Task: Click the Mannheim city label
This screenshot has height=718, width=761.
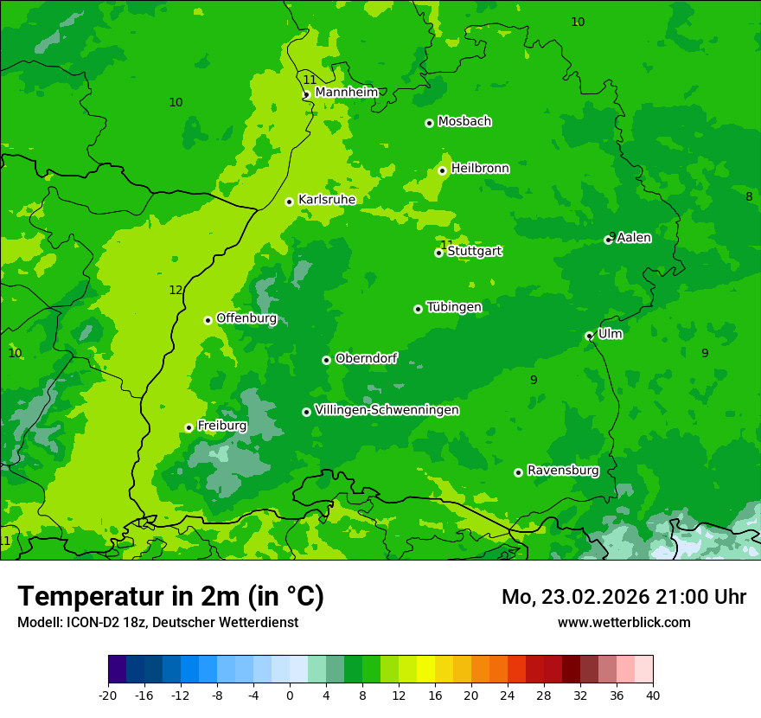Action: coord(346,92)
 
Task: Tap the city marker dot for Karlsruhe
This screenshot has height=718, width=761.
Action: coord(290,202)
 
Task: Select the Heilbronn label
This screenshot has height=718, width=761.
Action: coord(480,168)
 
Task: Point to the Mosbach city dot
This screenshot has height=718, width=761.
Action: coord(429,123)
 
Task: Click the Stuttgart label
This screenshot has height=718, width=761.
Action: coord(474,251)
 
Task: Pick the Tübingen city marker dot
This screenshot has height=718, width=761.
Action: coord(419,309)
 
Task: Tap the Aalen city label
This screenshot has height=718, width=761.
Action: coord(634,237)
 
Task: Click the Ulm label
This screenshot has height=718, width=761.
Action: coord(610,333)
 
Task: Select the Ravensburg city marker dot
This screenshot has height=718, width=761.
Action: coord(519,472)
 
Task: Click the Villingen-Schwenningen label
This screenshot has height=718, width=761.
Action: coord(387,410)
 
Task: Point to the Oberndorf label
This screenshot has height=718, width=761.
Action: coord(367,358)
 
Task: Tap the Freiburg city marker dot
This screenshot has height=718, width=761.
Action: coord(189,427)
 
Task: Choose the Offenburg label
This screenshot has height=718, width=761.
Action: coord(246,317)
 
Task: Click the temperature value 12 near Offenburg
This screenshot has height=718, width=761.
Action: coord(176,290)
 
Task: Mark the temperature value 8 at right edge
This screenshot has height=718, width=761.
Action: coord(749,196)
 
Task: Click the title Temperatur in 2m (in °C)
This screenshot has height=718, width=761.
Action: coord(170,596)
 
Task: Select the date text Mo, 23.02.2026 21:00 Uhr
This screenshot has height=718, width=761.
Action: coord(624,597)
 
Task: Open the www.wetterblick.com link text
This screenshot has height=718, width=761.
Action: coord(624,622)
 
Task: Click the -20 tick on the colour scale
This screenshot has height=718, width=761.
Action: coord(108,695)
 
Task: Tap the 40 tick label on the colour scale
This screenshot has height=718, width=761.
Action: coord(652,695)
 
